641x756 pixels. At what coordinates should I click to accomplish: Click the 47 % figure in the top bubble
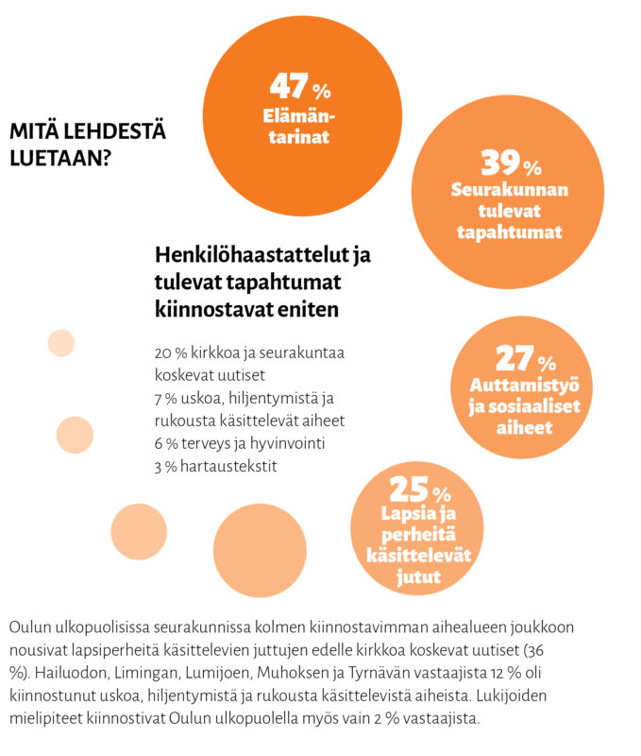point(300,86)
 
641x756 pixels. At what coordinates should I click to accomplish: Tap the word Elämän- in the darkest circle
point(299,116)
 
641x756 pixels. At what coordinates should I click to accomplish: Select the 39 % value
point(511,163)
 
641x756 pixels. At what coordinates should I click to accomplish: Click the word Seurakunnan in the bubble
point(510,190)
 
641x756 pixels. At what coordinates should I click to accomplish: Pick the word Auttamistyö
point(525,385)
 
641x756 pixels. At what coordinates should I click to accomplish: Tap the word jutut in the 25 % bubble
point(418,576)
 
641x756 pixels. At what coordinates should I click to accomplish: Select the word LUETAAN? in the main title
point(60,158)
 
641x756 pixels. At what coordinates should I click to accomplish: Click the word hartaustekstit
point(228,466)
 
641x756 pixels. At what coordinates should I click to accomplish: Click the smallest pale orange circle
point(61,343)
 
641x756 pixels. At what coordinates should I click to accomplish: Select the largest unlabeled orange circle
point(260,550)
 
